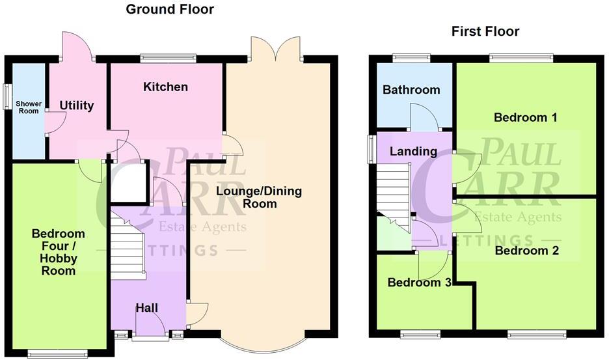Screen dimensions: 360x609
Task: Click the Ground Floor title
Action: pyautogui.click(x=169, y=9)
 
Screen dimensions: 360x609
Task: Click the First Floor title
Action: pyautogui.click(x=485, y=31)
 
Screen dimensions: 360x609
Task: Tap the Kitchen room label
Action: pyautogui.click(x=166, y=87)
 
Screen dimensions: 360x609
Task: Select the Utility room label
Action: pyautogui.click(x=77, y=105)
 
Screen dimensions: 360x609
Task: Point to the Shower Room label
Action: pyautogui.click(x=28, y=107)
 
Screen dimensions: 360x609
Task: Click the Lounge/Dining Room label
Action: pyautogui.click(x=247, y=197)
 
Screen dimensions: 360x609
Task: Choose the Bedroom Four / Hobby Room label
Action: pyautogui.click(x=59, y=252)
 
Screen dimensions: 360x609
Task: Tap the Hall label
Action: pyautogui.click(x=146, y=307)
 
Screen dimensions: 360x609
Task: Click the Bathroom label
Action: pyautogui.click(x=411, y=90)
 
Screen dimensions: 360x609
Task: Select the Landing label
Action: pyautogui.click(x=413, y=151)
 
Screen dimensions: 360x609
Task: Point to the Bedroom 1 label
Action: pyautogui.click(x=525, y=118)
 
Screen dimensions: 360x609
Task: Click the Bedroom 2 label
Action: pyautogui.click(x=526, y=250)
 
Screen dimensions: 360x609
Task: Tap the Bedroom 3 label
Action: pyautogui.click(x=419, y=283)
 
